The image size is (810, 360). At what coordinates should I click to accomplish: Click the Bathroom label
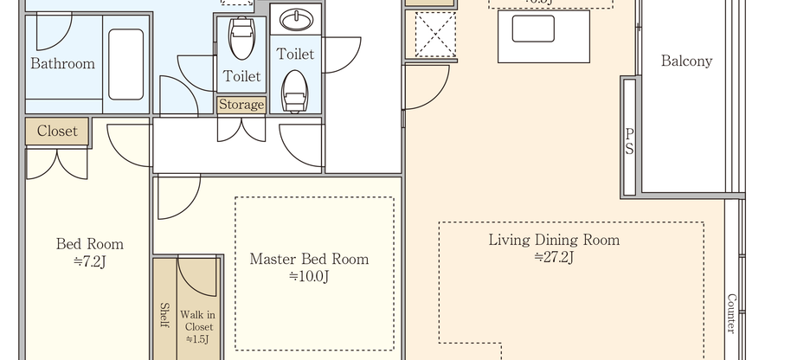(x=62, y=64)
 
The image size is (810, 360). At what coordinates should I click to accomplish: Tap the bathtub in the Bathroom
(x=125, y=64)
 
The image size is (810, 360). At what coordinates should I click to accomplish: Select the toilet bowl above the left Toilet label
(x=241, y=38)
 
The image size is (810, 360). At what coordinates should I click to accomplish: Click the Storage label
(x=241, y=105)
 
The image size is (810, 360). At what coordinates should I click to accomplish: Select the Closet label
(x=57, y=132)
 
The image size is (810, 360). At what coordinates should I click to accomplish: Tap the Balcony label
(x=686, y=61)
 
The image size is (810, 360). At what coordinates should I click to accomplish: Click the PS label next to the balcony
(x=629, y=141)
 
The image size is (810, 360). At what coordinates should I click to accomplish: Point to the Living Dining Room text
(x=554, y=240)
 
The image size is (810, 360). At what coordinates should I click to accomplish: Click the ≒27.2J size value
(x=554, y=256)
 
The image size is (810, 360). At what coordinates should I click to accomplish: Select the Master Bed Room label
(x=309, y=259)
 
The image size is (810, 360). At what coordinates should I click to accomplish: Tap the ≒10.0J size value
(x=309, y=276)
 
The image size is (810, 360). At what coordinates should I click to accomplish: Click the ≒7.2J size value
(x=89, y=260)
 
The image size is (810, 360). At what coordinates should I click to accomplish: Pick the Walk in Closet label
(x=197, y=326)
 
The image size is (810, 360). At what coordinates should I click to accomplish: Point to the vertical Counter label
(x=731, y=313)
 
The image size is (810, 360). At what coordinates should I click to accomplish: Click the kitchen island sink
(x=533, y=29)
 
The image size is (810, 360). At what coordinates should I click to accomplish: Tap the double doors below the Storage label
(x=241, y=130)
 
